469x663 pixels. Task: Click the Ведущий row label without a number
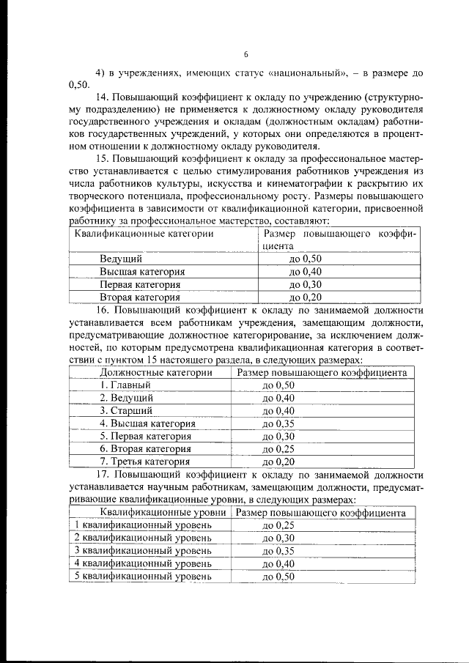(121, 259)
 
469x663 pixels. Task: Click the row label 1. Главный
(125, 385)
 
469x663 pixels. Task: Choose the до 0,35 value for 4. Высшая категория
(278, 423)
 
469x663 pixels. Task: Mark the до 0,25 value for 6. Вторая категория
(278, 448)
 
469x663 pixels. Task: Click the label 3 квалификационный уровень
(144, 550)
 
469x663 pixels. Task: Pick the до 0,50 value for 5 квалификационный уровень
(278, 576)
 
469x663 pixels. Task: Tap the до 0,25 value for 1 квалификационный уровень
(278, 525)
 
